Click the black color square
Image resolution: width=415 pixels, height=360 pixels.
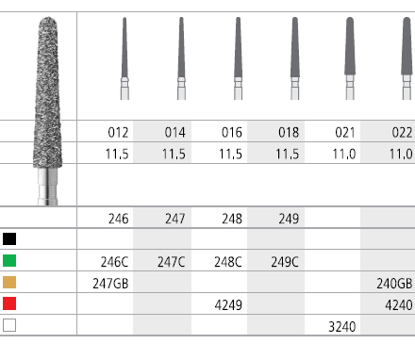coord(9,239)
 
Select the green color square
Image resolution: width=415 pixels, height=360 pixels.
coord(9,261)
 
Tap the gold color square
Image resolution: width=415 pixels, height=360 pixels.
coord(9,282)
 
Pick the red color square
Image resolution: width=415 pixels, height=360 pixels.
coord(9,303)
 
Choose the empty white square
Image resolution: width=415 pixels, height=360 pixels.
coord(9,325)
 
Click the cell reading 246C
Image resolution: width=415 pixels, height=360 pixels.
coord(114,262)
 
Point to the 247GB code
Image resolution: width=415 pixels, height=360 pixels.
coord(110,284)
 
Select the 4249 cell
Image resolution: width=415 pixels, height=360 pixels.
coord(228,305)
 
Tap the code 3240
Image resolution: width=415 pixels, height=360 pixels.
coord(342,327)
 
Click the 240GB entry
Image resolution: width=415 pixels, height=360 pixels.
coord(394,284)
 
